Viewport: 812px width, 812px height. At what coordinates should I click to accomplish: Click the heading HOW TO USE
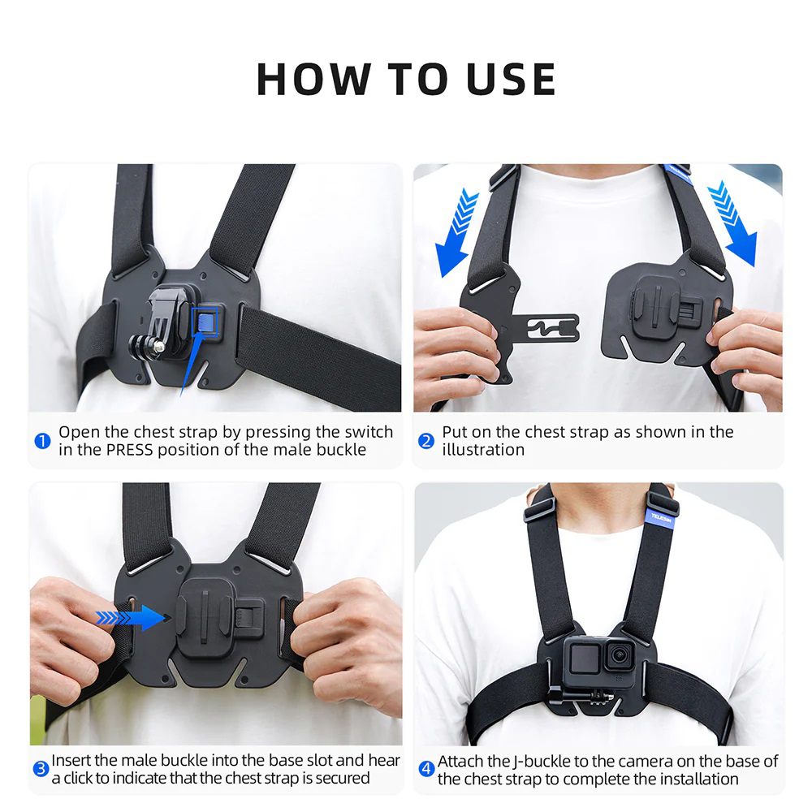tap(406, 79)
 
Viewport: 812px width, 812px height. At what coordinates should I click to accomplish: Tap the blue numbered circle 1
tap(42, 441)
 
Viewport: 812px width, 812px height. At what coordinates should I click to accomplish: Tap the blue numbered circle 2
tap(426, 441)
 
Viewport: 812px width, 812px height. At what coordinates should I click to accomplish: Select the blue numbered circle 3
tap(41, 769)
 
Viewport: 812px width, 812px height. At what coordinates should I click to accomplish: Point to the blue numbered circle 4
tap(426, 769)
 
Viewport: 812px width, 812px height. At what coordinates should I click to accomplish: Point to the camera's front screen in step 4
tap(581, 658)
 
